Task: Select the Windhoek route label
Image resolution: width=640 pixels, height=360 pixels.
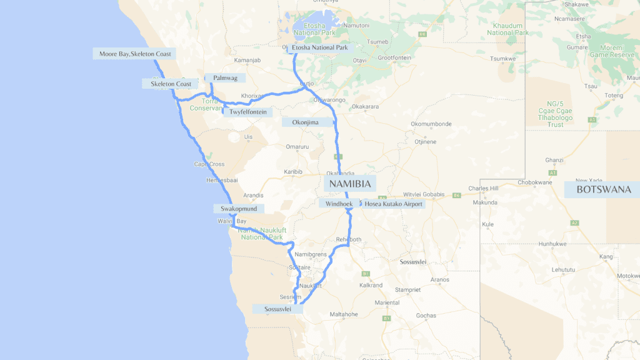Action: (x=339, y=204)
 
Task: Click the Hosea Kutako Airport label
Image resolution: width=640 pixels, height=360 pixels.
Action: (x=394, y=204)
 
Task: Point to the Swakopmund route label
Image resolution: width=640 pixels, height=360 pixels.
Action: (x=239, y=209)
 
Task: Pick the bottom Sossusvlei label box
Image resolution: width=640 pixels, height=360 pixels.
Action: (x=277, y=309)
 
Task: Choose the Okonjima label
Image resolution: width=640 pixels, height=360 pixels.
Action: (x=306, y=122)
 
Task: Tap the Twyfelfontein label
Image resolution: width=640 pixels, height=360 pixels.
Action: (x=248, y=112)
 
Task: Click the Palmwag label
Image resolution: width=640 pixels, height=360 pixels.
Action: (x=225, y=78)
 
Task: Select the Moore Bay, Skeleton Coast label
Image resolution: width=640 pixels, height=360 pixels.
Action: (x=135, y=54)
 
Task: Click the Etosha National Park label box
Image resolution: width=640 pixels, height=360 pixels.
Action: (x=319, y=47)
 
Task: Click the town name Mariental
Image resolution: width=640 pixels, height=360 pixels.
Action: (x=387, y=302)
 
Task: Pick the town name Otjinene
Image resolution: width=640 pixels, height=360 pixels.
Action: (x=425, y=142)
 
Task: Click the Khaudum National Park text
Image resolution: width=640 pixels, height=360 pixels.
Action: (x=507, y=29)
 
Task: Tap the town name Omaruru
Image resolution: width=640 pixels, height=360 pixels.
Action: (x=297, y=147)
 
